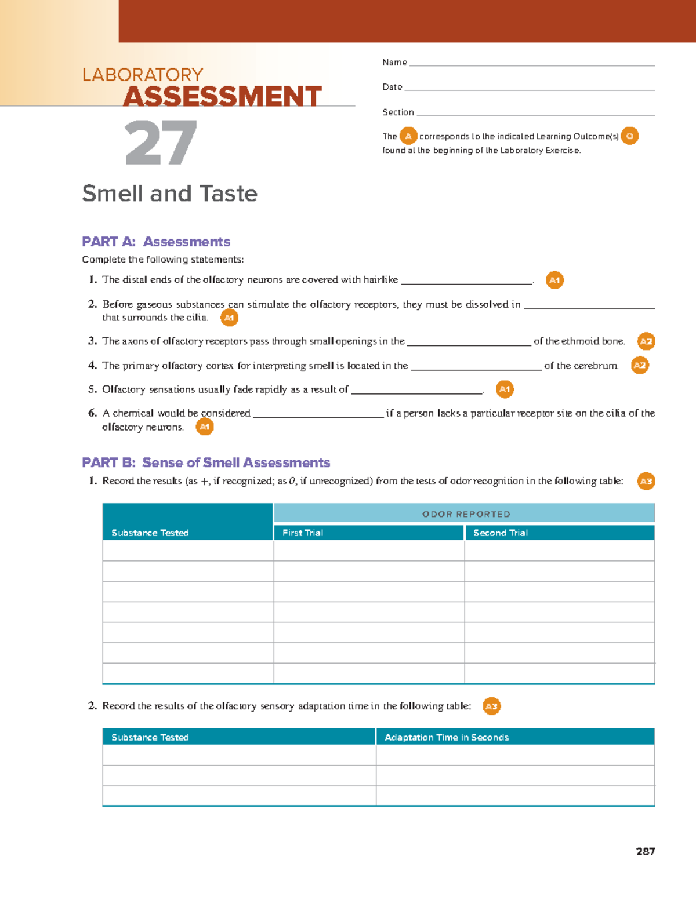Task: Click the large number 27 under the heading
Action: (x=161, y=143)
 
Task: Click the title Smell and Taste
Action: (x=169, y=193)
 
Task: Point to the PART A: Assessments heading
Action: (x=156, y=242)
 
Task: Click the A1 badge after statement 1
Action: (x=555, y=280)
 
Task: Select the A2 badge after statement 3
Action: (x=646, y=342)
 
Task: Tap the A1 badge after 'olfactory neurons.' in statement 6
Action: (x=204, y=428)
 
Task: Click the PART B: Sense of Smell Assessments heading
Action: (x=206, y=462)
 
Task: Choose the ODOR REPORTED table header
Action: (x=466, y=514)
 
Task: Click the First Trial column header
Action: (x=303, y=533)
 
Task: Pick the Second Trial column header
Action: (x=501, y=533)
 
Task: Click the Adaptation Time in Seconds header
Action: (x=447, y=737)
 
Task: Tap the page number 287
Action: (x=645, y=851)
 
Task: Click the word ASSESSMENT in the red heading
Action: (x=222, y=96)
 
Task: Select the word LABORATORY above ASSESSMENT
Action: (x=143, y=75)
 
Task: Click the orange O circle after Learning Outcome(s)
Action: (x=629, y=136)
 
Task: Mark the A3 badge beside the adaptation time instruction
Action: (x=491, y=706)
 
